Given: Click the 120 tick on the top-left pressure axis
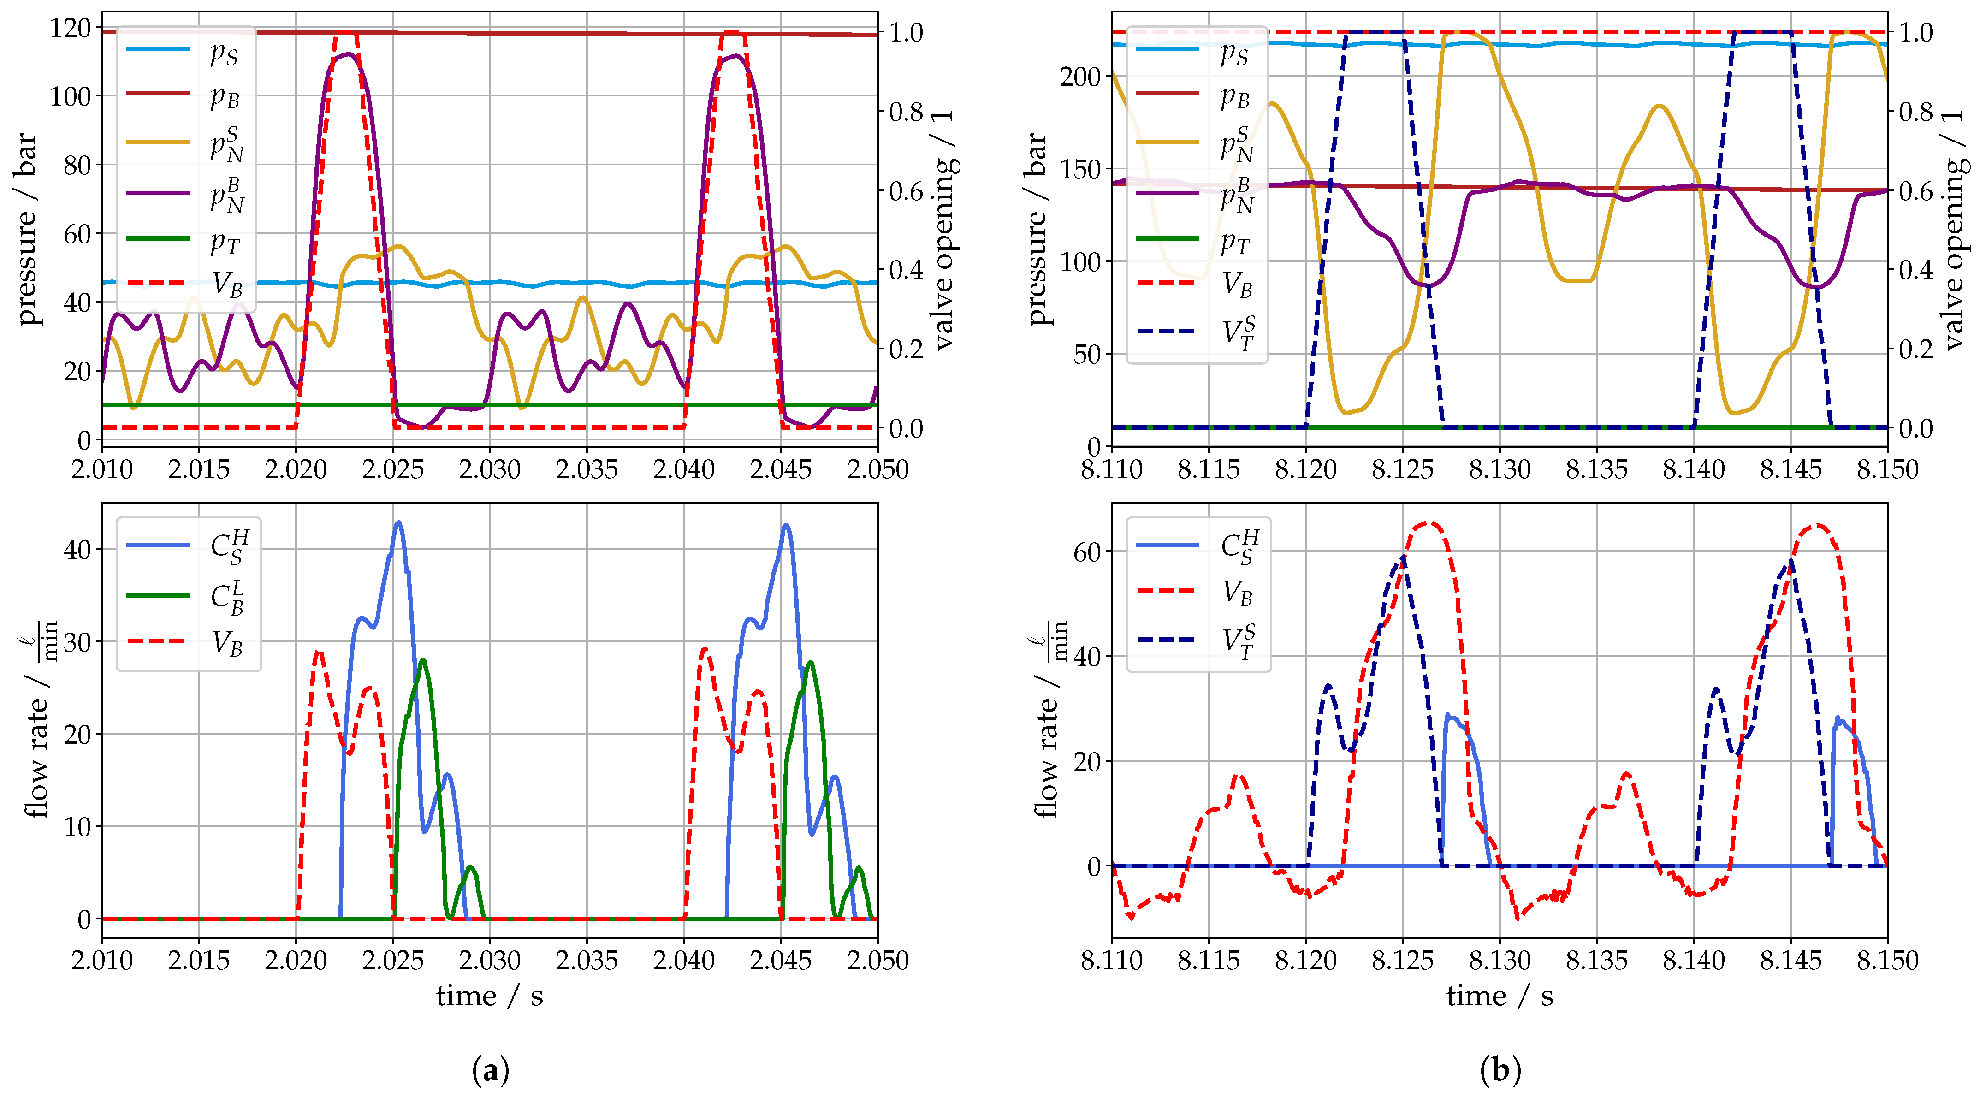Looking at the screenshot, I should coord(70,29).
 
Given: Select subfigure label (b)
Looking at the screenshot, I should coord(1500,1069).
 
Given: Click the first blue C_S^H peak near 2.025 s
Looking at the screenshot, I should coord(397,523).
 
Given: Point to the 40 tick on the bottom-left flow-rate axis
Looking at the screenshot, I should coord(77,550).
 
